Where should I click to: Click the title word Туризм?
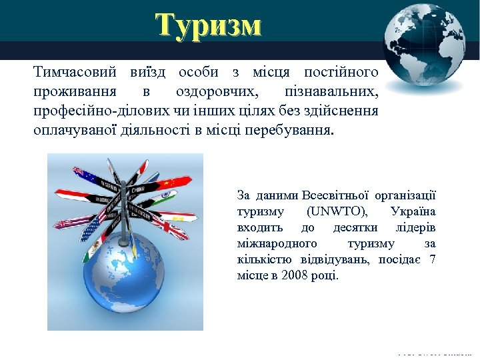(x=209, y=25)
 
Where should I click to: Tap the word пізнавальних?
(x=331, y=91)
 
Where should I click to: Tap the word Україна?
(x=413, y=211)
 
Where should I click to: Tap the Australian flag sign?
(x=85, y=175)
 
